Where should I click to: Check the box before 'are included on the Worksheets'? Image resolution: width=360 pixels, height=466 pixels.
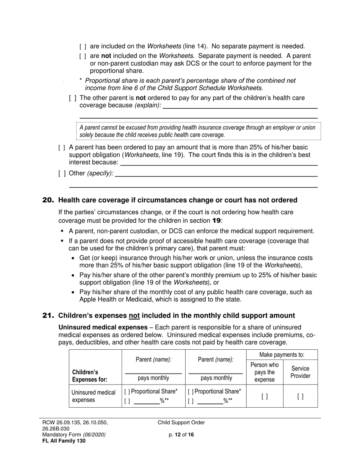tap(83, 47)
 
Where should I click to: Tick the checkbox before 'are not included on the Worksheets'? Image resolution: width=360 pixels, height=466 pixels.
tap(83, 56)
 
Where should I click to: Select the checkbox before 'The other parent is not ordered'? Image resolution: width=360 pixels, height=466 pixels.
tap(72, 98)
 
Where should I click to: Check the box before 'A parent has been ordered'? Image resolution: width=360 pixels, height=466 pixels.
tap(62, 147)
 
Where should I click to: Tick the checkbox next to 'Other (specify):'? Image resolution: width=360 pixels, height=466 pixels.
tap(62, 174)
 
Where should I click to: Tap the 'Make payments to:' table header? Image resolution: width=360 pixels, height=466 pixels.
tap(282, 355)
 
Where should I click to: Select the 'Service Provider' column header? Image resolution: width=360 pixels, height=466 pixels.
tap(300, 372)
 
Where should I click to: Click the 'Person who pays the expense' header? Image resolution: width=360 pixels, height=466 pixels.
tap(265, 372)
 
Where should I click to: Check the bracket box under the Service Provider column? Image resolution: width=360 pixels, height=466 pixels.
tap(300, 397)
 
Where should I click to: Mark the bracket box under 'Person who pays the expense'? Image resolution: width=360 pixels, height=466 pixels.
tap(265, 397)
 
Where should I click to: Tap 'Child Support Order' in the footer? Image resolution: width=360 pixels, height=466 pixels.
tap(181, 423)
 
